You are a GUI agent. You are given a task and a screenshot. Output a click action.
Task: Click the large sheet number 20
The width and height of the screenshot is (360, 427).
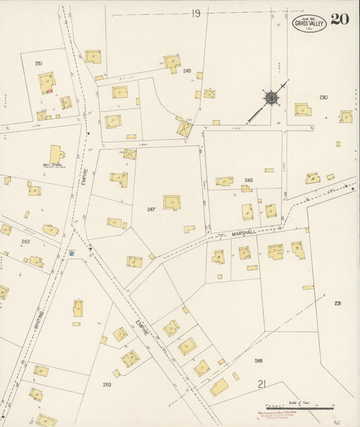340,18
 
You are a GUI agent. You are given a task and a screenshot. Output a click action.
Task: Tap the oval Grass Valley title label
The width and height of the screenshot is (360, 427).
309,23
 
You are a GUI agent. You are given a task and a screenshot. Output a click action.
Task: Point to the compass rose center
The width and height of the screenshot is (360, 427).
270,99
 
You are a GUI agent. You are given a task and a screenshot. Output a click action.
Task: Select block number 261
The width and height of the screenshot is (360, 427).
38,64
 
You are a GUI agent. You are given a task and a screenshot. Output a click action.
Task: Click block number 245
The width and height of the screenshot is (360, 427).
187,71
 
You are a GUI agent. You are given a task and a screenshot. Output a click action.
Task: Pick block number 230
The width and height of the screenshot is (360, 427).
324,98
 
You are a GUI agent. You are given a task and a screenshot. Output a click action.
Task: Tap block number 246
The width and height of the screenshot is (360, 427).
249,180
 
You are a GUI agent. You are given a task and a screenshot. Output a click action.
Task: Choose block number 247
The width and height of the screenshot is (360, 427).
151,209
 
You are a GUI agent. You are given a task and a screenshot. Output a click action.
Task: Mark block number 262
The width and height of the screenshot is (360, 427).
26,241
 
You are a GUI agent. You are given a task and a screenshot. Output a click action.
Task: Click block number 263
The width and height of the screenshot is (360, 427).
107,384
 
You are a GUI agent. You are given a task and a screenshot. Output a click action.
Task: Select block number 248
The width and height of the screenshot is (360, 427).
258,361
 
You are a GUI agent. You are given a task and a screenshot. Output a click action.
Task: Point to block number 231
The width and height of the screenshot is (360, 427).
338,303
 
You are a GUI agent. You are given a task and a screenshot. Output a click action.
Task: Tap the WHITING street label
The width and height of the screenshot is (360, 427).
39,321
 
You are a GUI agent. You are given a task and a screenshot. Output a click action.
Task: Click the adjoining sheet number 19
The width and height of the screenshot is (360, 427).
196,13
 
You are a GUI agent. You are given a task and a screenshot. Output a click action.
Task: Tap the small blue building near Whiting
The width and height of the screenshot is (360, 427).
71,253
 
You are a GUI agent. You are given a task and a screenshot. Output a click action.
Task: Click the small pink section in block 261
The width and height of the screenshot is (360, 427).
49,91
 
